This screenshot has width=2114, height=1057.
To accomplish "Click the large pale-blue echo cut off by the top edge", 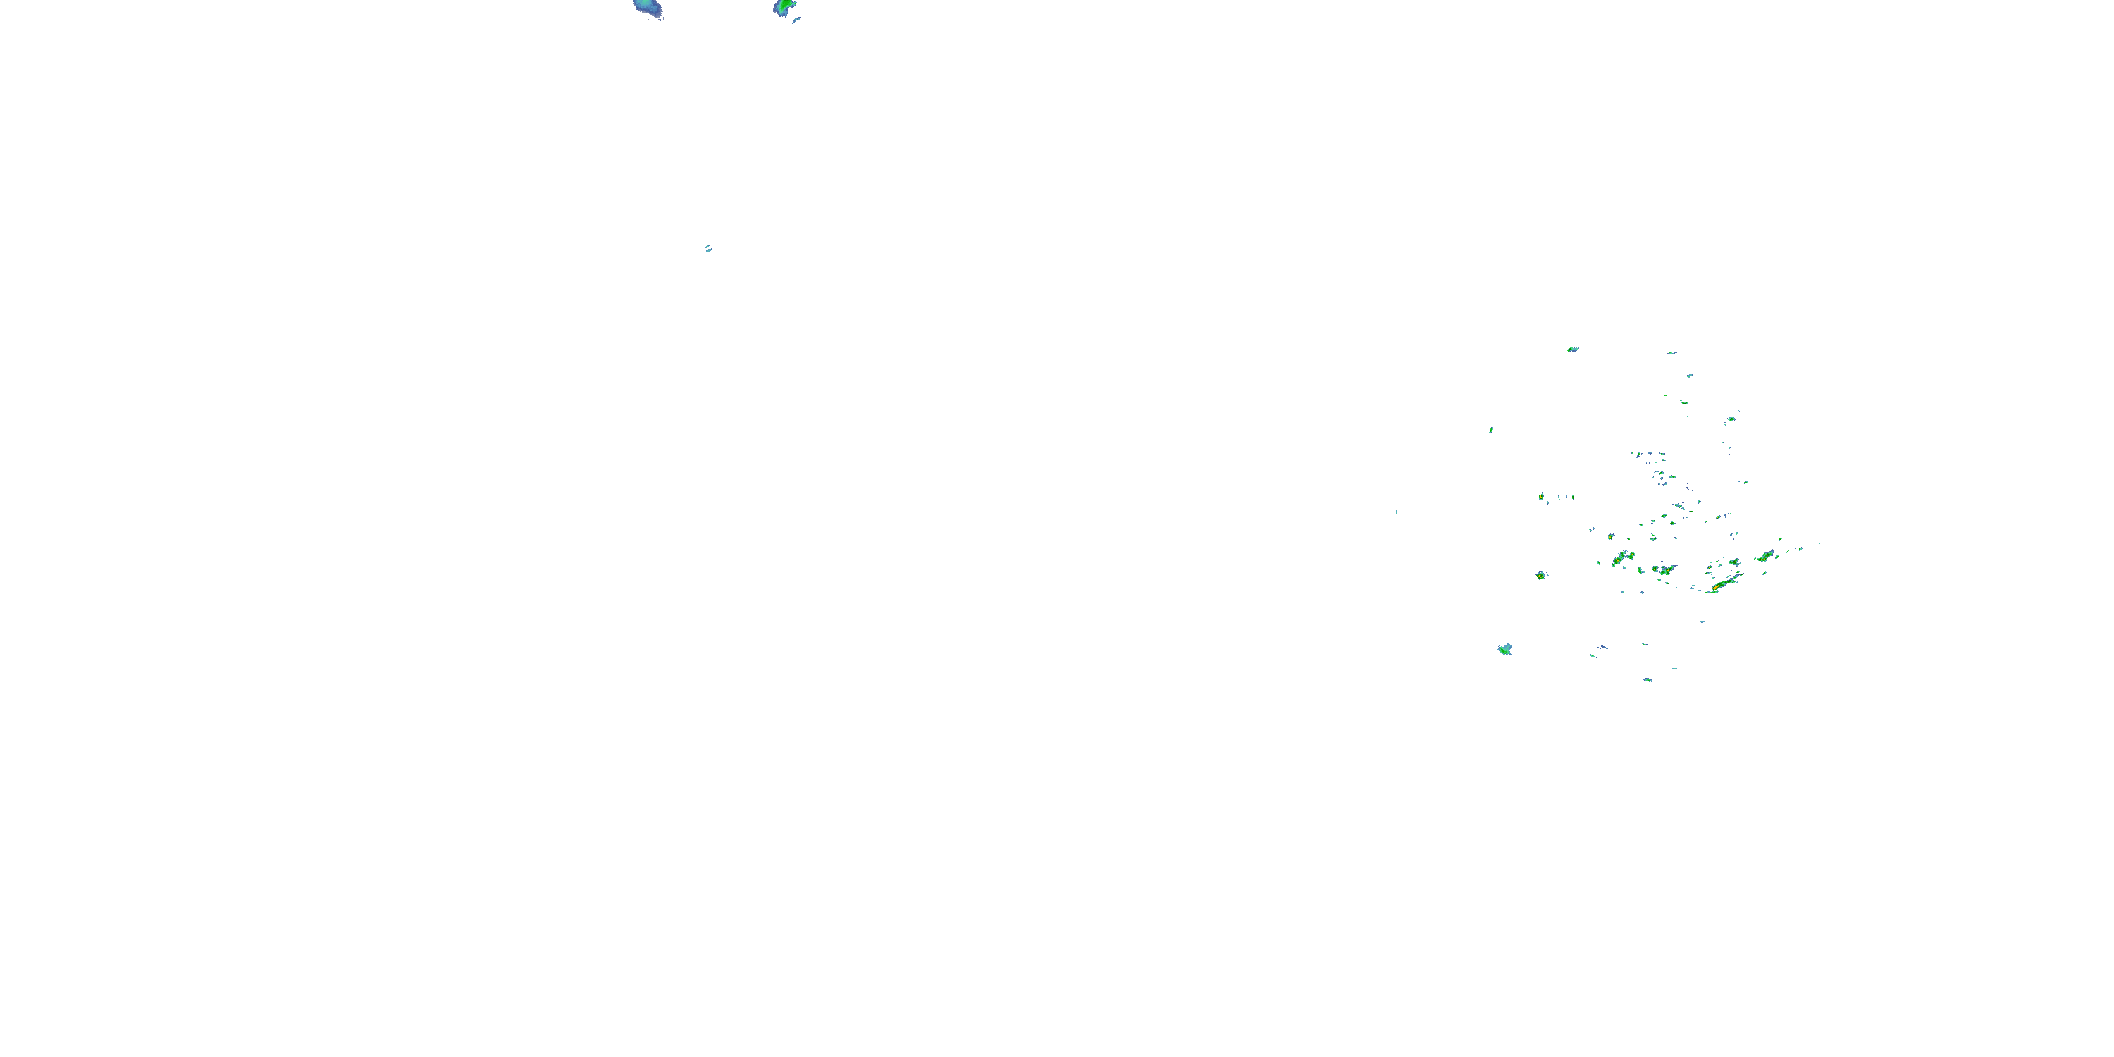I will pos(648,8).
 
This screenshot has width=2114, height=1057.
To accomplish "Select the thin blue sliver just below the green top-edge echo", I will pos(796,20).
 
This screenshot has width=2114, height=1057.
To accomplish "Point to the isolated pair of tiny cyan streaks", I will pos(708,249).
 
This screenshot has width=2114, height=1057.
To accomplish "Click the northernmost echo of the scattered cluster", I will pos(1572,350).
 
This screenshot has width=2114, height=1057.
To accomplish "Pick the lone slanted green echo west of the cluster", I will pos(1491,430).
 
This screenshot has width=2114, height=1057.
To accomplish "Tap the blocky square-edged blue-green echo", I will pos(1505,649).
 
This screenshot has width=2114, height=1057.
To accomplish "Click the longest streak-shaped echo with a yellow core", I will pos(1720,585).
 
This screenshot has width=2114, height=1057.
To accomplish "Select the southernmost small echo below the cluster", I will pos(1647,680).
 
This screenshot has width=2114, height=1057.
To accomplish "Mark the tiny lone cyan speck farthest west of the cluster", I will pos(1397,513).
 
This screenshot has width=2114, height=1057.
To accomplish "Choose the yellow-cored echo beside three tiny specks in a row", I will pos(1541,497).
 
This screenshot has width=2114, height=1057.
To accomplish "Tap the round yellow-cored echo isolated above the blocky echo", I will pos(1541,575).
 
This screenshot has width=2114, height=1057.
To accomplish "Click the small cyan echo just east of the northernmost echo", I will pos(1671,353).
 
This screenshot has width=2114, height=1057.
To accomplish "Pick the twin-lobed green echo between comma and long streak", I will pos(1664,569).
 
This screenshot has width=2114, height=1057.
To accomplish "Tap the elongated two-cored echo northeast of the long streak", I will pos(1765,557).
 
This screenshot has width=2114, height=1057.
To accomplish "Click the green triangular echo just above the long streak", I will pos(1735,563).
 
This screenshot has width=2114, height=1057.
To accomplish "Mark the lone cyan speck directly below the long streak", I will pos(1702,622).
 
